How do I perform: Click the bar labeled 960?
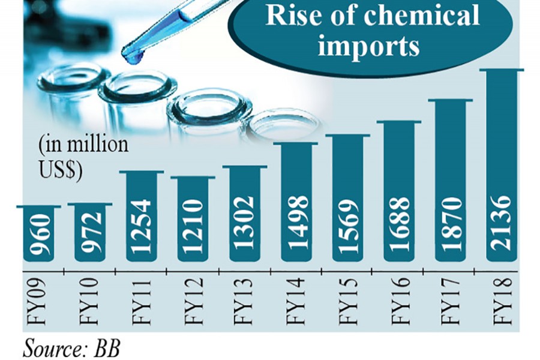(41, 234)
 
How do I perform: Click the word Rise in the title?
(292, 16)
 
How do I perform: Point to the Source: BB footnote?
(71, 349)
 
